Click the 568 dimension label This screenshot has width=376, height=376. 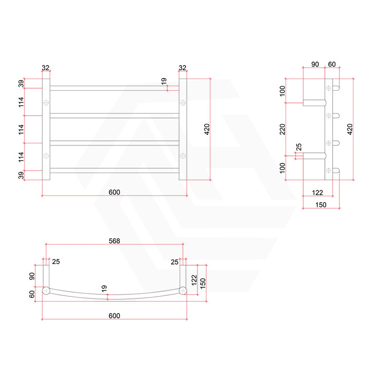pos(114,241)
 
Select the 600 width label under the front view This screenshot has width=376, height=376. pos(114,192)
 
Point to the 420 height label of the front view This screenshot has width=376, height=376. pos(207,130)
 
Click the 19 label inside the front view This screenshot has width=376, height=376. pos(164,81)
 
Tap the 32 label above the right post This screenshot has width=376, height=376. pos(183,68)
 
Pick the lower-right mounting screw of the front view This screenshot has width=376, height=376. pos(183,155)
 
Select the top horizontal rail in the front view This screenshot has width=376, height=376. pos(114,88)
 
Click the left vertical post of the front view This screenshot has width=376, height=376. pos(46,129)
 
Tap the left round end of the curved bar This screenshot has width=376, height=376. pos(47,290)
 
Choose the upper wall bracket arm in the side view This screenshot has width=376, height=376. pos(313,102)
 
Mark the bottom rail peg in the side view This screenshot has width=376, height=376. pos(336,170)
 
